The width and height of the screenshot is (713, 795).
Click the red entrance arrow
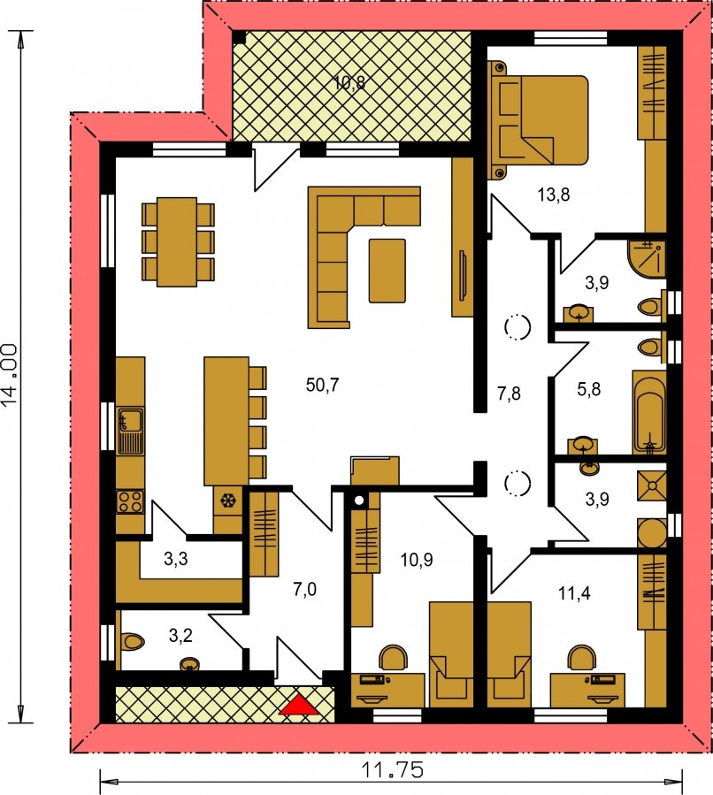[299, 705]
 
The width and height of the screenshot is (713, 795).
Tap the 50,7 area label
[323, 386]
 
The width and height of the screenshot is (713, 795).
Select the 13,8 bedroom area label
[553, 195]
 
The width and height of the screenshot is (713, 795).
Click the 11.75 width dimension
[392, 770]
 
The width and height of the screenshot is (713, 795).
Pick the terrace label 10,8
[349, 82]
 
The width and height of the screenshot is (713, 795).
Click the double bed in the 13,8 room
[538, 120]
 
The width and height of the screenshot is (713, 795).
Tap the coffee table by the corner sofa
[387, 271]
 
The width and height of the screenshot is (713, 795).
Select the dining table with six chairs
[178, 241]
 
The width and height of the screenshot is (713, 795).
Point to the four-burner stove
[130, 501]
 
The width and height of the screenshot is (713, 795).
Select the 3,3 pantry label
[176, 559]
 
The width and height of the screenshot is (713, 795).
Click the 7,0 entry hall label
[305, 589]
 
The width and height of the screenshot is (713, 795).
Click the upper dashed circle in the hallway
[517, 327]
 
